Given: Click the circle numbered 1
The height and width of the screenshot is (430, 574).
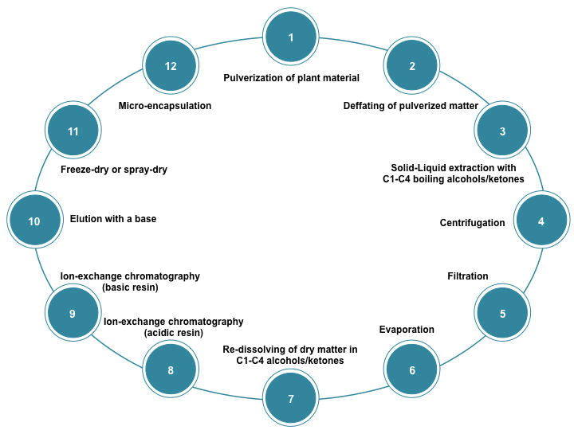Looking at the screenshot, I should click(291, 37).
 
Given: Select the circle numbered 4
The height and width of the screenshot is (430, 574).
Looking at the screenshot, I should click(541, 221).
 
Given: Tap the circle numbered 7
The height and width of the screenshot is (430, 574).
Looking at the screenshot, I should click(291, 397).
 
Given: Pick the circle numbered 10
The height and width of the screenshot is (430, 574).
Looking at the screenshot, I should click(34, 221).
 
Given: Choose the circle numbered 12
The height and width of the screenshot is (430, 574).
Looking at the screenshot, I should click(171, 66).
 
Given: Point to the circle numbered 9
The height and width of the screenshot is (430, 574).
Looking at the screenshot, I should click(72, 314).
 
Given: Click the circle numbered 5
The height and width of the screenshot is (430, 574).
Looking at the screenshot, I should click(502, 314).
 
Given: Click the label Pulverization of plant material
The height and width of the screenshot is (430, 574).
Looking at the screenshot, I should click(291, 78).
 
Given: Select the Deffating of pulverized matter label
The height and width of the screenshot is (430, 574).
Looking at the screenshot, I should click(411, 105).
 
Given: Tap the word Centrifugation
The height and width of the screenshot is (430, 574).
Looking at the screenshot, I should click(472, 223).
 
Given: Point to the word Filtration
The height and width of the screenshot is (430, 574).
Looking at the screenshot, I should click(467, 276).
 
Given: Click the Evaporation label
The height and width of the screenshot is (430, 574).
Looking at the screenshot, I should click(407, 330).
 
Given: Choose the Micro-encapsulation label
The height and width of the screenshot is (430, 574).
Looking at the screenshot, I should click(165, 105).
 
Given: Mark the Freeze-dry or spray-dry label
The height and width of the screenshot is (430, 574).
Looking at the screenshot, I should click(114, 170).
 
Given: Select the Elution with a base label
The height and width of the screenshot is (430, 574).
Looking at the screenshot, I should click(113, 219).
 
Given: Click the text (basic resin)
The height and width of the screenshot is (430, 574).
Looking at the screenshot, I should click(131, 287).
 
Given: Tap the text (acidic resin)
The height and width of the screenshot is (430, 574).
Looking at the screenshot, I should click(174, 333).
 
